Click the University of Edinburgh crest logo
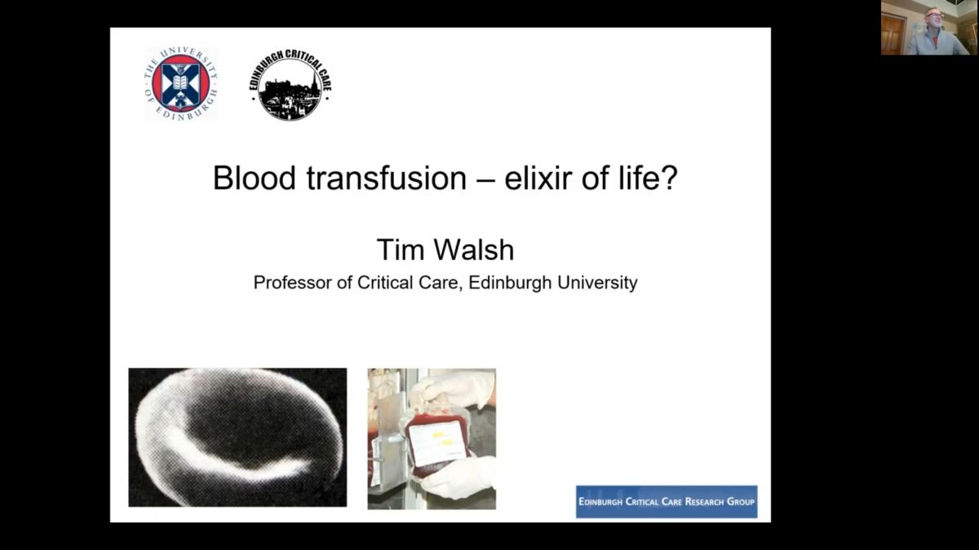click(x=181, y=84)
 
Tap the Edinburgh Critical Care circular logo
click(x=290, y=84)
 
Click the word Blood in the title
click(x=254, y=178)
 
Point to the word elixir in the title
click(x=538, y=178)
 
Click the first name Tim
click(x=401, y=249)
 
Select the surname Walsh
click(x=474, y=249)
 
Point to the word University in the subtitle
click(x=597, y=283)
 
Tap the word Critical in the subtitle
click(x=385, y=283)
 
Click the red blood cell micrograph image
click(x=237, y=438)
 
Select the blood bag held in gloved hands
click(x=437, y=444)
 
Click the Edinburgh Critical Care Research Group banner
click(x=667, y=502)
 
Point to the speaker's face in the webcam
click(x=932, y=18)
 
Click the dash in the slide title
click(x=486, y=180)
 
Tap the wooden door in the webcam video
click(x=893, y=33)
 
